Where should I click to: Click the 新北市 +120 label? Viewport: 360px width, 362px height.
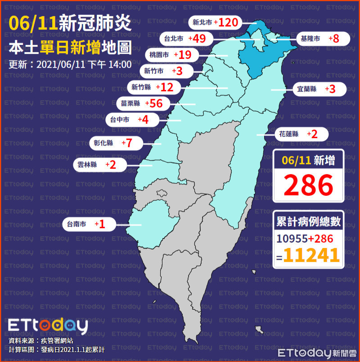click(x=215, y=22)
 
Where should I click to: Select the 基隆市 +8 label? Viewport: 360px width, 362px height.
click(x=322, y=39)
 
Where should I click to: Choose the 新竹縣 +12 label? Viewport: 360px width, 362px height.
click(x=153, y=87)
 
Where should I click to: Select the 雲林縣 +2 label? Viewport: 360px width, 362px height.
click(x=95, y=165)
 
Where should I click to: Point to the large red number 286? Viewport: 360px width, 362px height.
click(x=308, y=184)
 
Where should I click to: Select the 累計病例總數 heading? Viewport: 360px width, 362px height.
click(x=308, y=222)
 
